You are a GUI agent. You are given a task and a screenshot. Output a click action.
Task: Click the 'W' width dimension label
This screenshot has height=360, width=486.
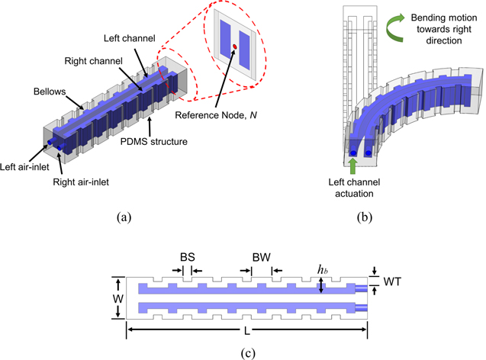(x=117, y=297)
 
